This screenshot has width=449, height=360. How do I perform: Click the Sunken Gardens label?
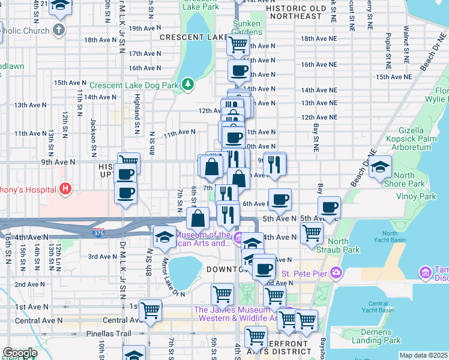pyautogui.click(x=247, y=27)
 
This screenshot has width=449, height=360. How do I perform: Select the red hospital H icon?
pyautogui.click(x=65, y=190)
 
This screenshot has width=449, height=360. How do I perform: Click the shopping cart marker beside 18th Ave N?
pyautogui.click(x=238, y=44)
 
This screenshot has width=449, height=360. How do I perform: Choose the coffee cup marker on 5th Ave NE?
pyautogui.click(x=328, y=208)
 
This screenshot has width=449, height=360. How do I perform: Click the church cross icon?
pyautogui.click(x=59, y=29)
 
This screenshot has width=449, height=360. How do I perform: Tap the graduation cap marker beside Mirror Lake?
pyautogui.click(x=164, y=236)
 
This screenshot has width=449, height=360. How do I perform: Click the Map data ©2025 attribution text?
pyautogui.click(x=423, y=355)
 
